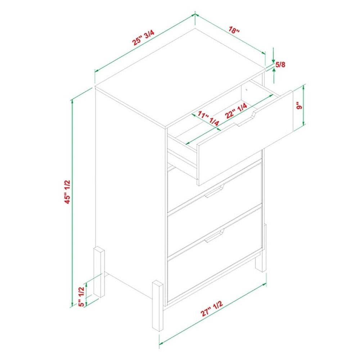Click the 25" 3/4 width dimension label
(x=143, y=38)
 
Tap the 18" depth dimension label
(x=234, y=30)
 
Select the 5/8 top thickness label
(x=280, y=65)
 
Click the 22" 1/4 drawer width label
(x=236, y=111)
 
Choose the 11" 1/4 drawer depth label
(x=208, y=118)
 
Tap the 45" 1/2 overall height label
(x=68, y=192)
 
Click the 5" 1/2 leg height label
(x=82, y=297)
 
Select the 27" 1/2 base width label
(x=212, y=309)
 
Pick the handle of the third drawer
(x=214, y=236)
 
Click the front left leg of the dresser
(x=158, y=306)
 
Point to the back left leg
(x=99, y=272)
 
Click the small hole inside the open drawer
(x=246, y=89)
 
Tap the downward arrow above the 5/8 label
(x=273, y=55)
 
